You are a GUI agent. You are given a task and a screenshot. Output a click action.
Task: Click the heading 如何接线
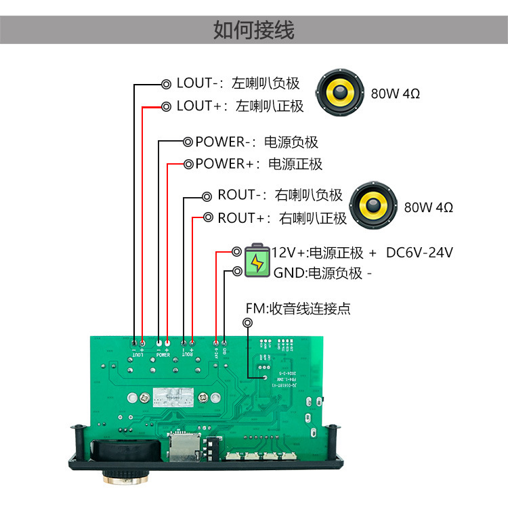point(254,30)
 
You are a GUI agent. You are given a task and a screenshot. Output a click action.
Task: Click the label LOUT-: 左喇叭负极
point(237,84)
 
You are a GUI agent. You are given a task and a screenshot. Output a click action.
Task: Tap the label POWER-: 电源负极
point(256,142)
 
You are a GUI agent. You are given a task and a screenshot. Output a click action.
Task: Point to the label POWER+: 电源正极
point(259,164)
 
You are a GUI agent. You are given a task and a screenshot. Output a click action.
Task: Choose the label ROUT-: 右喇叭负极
point(280,196)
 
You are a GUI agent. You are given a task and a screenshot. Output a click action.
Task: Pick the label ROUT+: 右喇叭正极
point(282,218)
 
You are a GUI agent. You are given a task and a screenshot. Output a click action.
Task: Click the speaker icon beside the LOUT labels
point(341,92)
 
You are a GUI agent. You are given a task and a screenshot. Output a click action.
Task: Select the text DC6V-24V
point(419,253)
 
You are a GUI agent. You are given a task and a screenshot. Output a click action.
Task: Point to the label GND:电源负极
point(322,274)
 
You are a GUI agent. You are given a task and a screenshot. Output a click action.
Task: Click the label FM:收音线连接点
point(298,309)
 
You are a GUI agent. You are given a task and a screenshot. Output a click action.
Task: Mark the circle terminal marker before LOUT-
point(166,84)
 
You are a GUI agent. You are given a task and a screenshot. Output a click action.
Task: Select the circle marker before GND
point(237,272)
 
